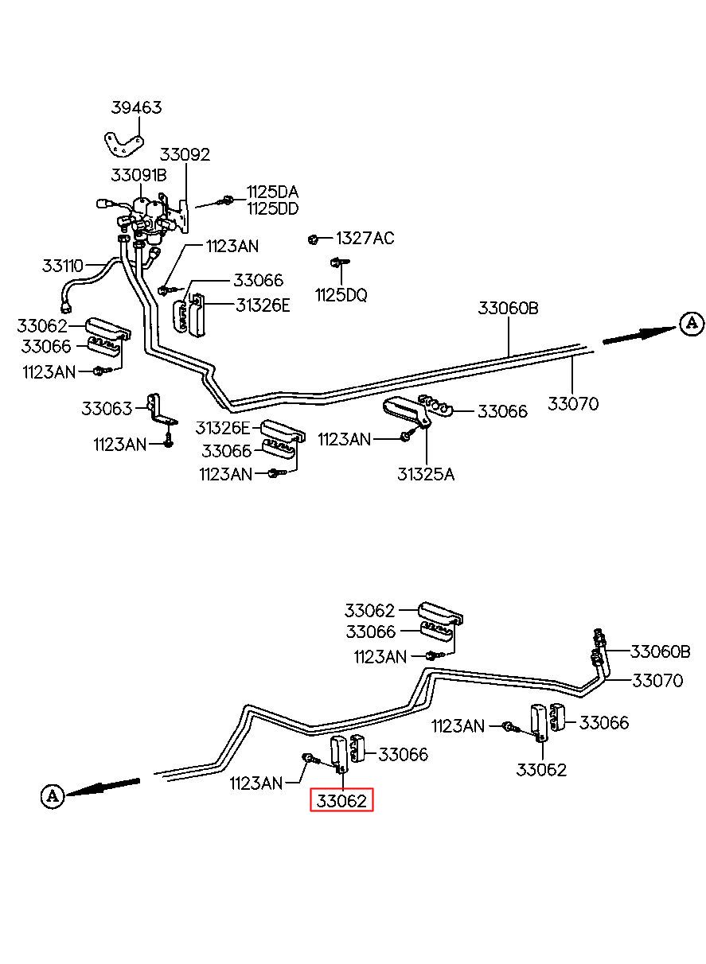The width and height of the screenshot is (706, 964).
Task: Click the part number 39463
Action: pyautogui.click(x=136, y=107)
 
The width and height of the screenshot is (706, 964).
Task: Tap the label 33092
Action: pyautogui.click(x=185, y=154)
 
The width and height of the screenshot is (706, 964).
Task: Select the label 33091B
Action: pyautogui.click(x=138, y=175)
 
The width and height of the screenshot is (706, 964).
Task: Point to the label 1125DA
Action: pyautogui.click(x=273, y=192)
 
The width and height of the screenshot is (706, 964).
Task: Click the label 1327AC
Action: pyautogui.click(x=365, y=238)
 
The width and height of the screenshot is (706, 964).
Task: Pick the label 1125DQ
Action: pyautogui.click(x=341, y=295)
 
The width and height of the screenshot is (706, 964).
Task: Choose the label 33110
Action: pyautogui.click(x=62, y=266)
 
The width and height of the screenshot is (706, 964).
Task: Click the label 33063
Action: pyautogui.click(x=107, y=408)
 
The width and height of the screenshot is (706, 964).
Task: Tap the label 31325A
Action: pyautogui.click(x=426, y=474)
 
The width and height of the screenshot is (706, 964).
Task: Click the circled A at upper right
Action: pyautogui.click(x=692, y=324)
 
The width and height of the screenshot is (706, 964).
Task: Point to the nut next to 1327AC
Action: pyautogui.click(x=313, y=239)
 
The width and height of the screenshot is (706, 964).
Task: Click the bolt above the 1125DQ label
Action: pyautogui.click(x=339, y=262)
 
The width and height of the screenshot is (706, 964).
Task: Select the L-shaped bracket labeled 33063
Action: pyautogui.click(x=160, y=410)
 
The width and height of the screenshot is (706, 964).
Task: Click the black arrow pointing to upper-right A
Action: pyautogui.click(x=639, y=335)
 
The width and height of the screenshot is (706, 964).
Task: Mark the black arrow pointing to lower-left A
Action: pyautogui.click(x=103, y=787)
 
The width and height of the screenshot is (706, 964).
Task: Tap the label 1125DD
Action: pyautogui.click(x=273, y=209)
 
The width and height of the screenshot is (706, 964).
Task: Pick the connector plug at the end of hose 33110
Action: pyautogui.click(x=66, y=307)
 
